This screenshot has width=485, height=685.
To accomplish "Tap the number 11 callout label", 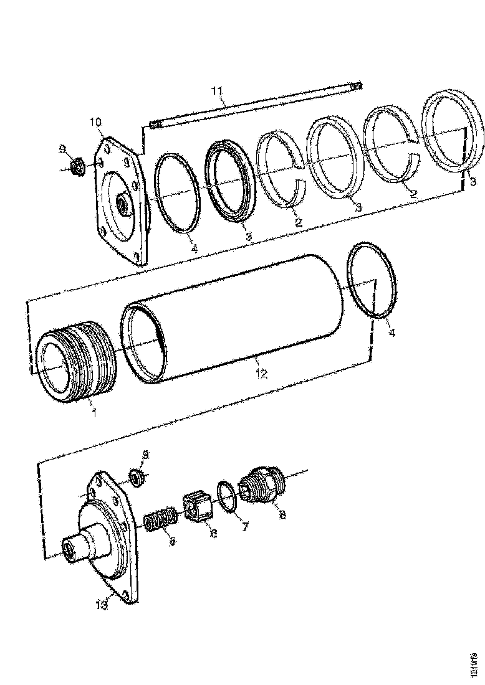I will click(x=216, y=92).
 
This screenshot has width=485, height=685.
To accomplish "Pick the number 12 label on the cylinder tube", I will click(x=261, y=374).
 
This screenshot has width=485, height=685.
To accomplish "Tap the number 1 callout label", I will click(x=94, y=412).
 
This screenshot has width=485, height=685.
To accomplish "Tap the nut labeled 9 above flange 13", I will click(x=138, y=478).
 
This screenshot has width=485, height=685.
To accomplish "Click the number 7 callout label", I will click(x=244, y=527).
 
